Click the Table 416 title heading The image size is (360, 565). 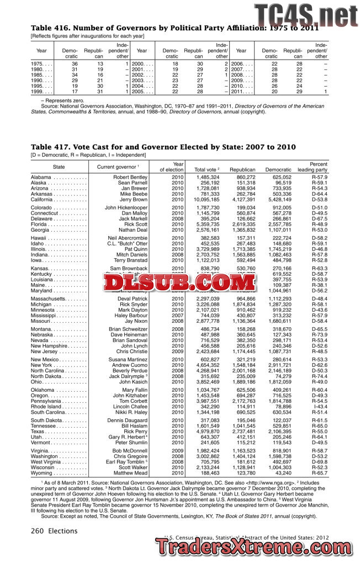pyautogui.click(x=166, y=28)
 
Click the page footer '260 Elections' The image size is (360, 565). pyautogui.click(x=54, y=531)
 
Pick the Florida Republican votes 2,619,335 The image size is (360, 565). pyautogui.click(x=242, y=225)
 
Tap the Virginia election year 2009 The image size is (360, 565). pyautogui.click(x=178, y=451)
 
